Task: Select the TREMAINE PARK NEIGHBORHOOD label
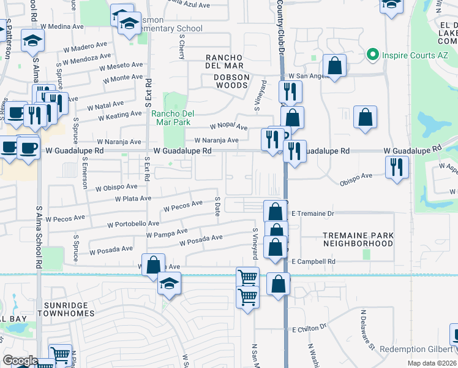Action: click(358, 239)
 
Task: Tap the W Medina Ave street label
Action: click(64, 27)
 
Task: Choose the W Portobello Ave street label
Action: click(133, 225)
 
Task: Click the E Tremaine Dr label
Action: click(312, 213)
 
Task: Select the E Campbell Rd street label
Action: click(314, 261)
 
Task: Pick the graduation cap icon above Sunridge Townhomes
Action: click(169, 283)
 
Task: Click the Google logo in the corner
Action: click(20, 361)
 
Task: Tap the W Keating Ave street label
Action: click(119, 115)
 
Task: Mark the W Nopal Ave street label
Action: click(228, 126)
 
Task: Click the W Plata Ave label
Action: click(133, 199)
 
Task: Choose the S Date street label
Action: click(217, 206)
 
